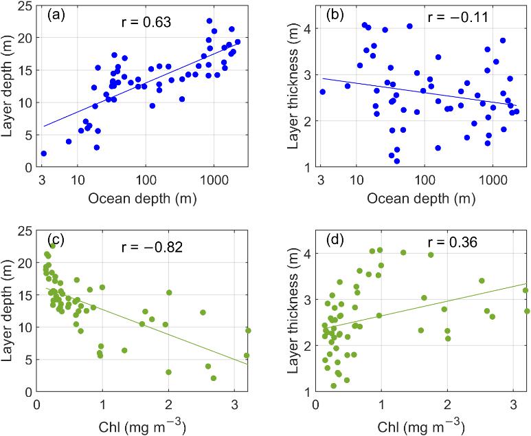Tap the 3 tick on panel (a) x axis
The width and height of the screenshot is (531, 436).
pos(43,182)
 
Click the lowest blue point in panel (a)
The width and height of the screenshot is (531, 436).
pos(43,153)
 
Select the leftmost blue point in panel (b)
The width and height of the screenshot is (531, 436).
pos(322,91)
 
